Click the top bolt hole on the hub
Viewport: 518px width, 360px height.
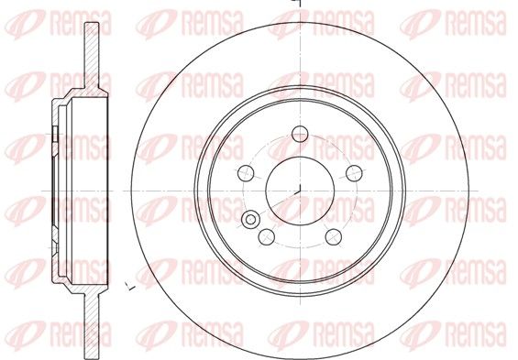300,134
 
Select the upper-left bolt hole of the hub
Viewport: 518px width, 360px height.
246,173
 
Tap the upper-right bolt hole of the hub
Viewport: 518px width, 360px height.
354,173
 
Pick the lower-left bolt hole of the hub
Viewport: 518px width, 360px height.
267,237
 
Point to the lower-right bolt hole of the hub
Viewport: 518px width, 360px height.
334,237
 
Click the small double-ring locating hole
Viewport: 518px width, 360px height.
250,219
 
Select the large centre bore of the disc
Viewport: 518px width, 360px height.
300,191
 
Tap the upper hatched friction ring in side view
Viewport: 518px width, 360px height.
92,56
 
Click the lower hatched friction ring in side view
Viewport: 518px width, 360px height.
92,325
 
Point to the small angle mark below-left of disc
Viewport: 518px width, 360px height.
131,287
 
